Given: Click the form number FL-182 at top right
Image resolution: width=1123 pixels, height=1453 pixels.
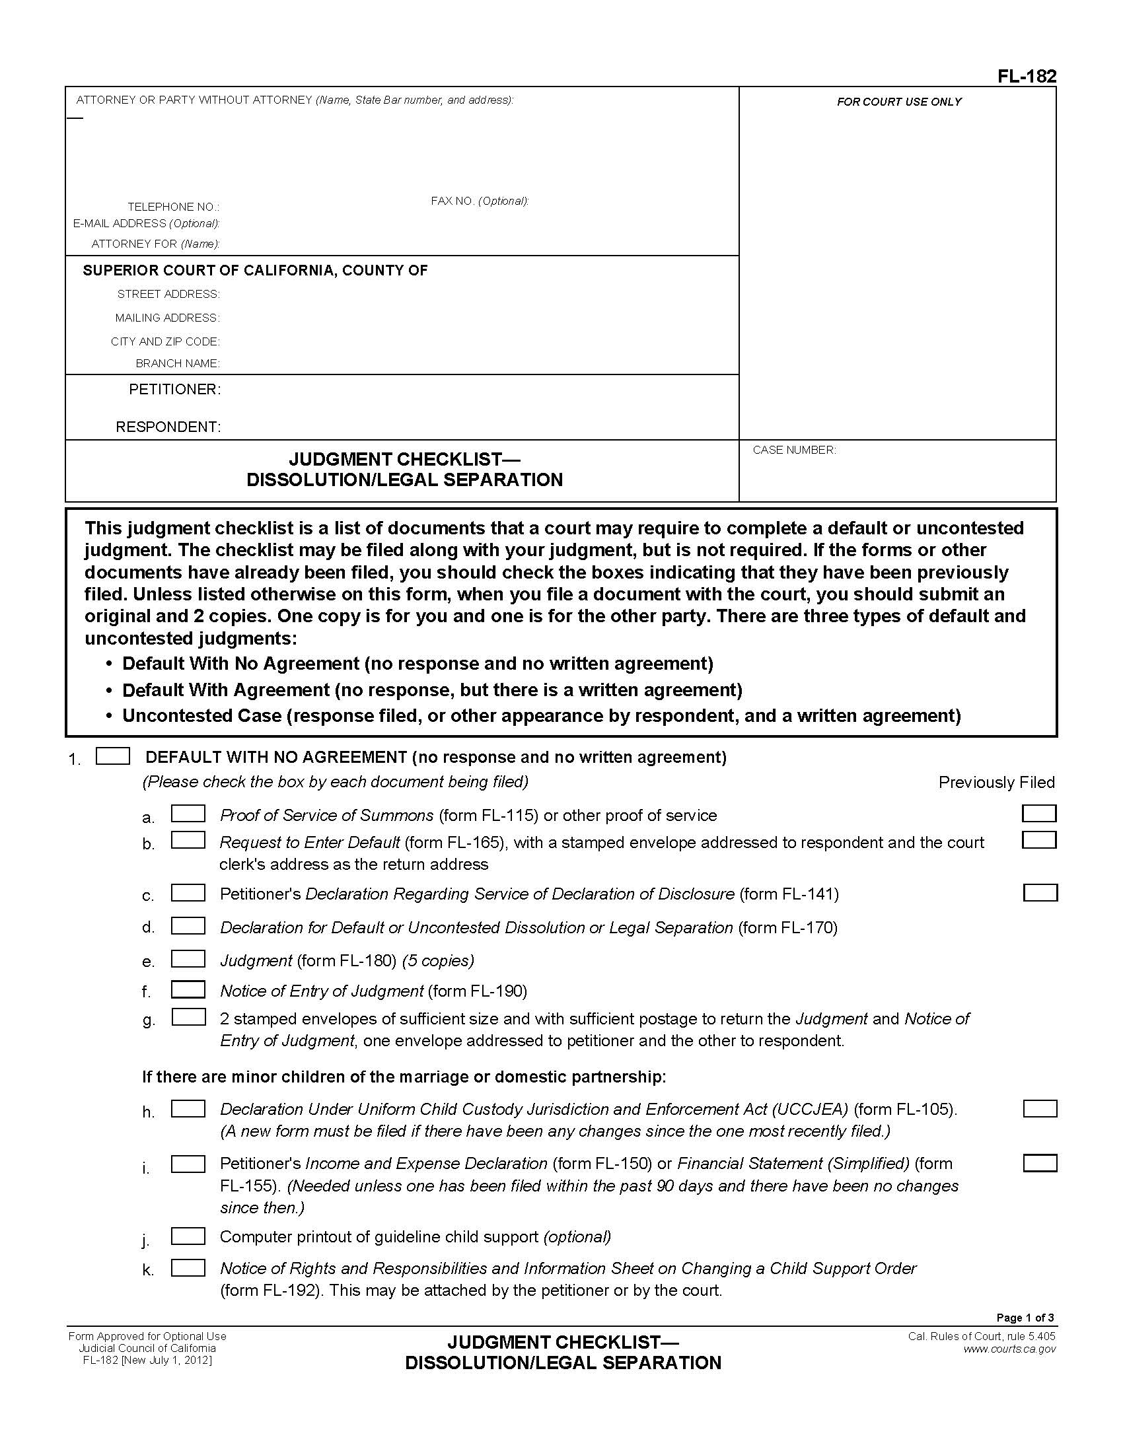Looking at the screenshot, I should pyautogui.click(x=1026, y=77).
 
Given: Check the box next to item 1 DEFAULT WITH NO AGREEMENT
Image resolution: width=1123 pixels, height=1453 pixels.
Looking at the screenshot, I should pyautogui.click(x=112, y=756).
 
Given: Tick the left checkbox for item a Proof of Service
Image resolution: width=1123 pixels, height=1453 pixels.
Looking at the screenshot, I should pyautogui.click(x=188, y=814).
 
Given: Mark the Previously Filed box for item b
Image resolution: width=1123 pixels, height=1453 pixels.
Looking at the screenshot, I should pyautogui.click(x=1038, y=840).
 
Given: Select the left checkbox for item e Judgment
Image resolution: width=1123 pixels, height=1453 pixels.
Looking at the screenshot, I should pyautogui.click(x=188, y=959).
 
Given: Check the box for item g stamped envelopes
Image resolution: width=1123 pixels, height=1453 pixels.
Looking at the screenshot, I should pyautogui.click(x=188, y=1017).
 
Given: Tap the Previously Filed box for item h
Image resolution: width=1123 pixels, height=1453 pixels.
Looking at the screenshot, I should pyautogui.click(x=1040, y=1108).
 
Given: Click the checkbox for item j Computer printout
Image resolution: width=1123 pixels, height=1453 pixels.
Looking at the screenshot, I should pyautogui.click(x=188, y=1236).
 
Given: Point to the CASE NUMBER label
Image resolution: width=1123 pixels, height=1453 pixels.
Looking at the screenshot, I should pyautogui.click(x=793, y=450).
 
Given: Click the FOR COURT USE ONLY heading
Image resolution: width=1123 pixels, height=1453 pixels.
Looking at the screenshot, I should pyautogui.click(x=899, y=102).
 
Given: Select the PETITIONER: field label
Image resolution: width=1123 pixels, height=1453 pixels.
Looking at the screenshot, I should pyautogui.click(x=174, y=389).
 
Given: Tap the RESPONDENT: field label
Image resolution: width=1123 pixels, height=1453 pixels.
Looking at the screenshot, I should pyautogui.click(x=168, y=427).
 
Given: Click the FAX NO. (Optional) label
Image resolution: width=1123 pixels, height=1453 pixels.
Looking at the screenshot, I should pyautogui.click(x=479, y=201).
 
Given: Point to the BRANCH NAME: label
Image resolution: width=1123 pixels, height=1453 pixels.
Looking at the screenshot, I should pyautogui.click(x=177, y=363).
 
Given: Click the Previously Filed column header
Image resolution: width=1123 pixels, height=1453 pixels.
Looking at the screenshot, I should pyautogui.click(x=996, y=783).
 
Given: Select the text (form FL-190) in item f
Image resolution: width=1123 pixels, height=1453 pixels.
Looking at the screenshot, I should pyautogui.click(x=478, y=991).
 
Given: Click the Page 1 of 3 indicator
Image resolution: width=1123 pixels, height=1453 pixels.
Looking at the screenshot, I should pyautogui.click(x=1025, y=1318).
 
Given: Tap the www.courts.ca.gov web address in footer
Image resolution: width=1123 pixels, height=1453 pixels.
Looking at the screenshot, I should pyautogui.click(x=1009, y=1349).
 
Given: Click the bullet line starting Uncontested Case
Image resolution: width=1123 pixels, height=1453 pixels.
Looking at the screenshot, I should pyautogui.click(x=541, y=716).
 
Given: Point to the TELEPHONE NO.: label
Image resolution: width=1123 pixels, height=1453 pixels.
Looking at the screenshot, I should pyautogui.click(x=173, y=207).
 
